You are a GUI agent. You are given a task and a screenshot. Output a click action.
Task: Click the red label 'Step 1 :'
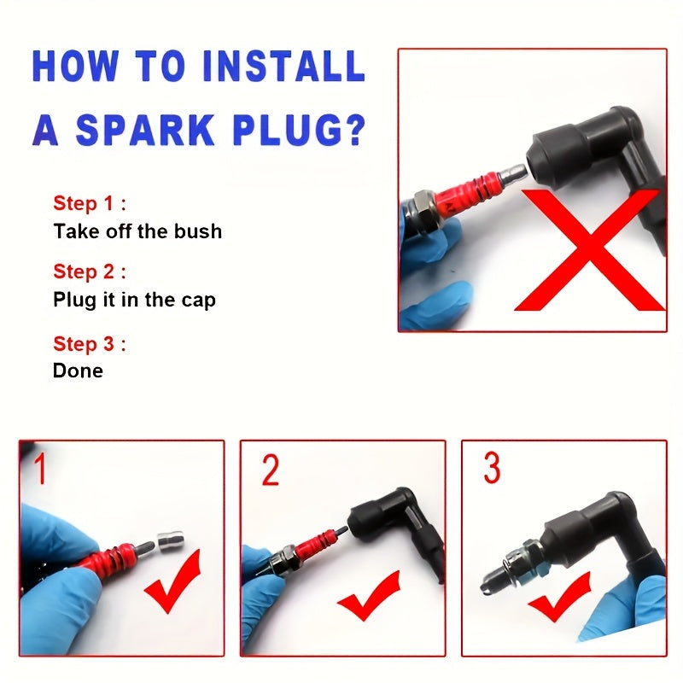pos(90,203)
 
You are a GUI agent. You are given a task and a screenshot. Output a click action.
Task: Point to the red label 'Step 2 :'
pos(90,271)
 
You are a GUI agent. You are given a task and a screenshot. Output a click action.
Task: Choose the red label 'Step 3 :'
pos(90,344)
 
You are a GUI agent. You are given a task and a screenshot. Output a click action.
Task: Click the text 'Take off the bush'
pos(137,231)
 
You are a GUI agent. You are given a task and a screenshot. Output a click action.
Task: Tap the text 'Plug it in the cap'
pos(134,300)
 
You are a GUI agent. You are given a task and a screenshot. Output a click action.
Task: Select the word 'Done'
pos(78,371)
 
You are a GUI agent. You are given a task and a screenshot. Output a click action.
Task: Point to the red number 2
pos(270,470)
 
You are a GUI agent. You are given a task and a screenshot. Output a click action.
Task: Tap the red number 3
pos(492,468)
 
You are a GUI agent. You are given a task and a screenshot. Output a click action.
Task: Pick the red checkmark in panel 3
pos(560,598)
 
